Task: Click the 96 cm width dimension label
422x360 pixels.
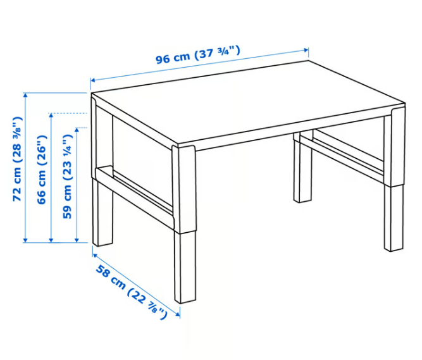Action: tap(197, 55)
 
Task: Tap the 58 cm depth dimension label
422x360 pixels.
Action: tap(132, 292)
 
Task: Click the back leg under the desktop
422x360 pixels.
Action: tap(302, 171)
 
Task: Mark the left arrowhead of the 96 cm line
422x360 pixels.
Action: tap(92, 80)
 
